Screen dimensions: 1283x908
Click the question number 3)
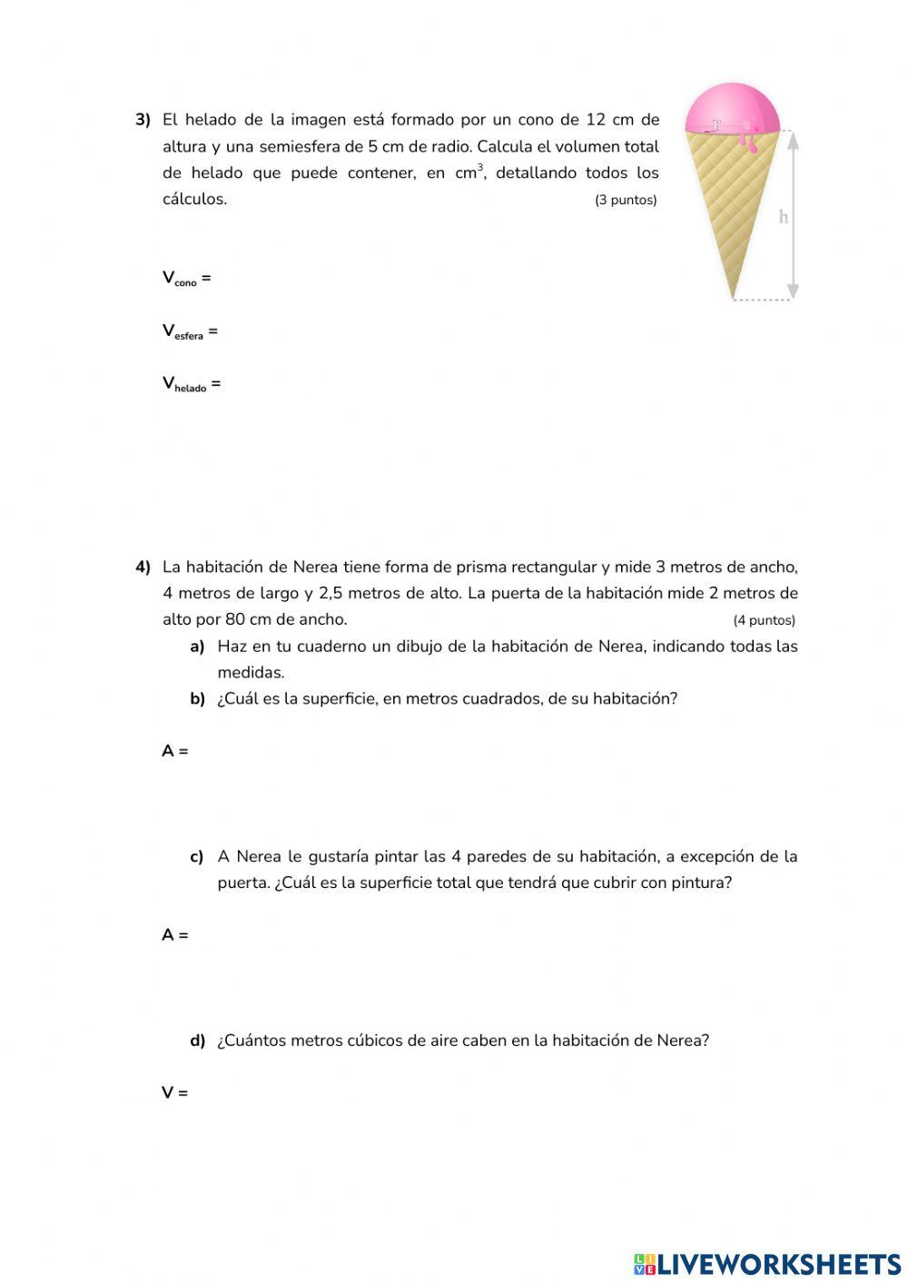143,120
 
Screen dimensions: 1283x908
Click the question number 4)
143,567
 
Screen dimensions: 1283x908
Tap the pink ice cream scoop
732,108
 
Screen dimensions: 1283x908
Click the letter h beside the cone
784,217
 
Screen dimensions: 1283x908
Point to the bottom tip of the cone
733,296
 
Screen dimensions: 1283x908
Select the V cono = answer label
186,279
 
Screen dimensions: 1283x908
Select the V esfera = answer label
190,331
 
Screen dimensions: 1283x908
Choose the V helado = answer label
192,384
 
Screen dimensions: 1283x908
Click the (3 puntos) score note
626,200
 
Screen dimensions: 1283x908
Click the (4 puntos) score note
764,621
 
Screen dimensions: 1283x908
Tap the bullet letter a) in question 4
197,646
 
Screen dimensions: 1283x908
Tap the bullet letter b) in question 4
197,699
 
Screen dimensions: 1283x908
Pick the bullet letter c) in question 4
197,857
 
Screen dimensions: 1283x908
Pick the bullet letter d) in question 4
197,1041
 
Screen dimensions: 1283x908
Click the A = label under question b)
175,752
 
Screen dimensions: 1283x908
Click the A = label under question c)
175,935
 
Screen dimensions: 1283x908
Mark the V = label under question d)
175,1093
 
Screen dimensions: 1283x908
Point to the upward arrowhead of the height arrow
793,140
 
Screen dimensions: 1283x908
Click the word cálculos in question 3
194,200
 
